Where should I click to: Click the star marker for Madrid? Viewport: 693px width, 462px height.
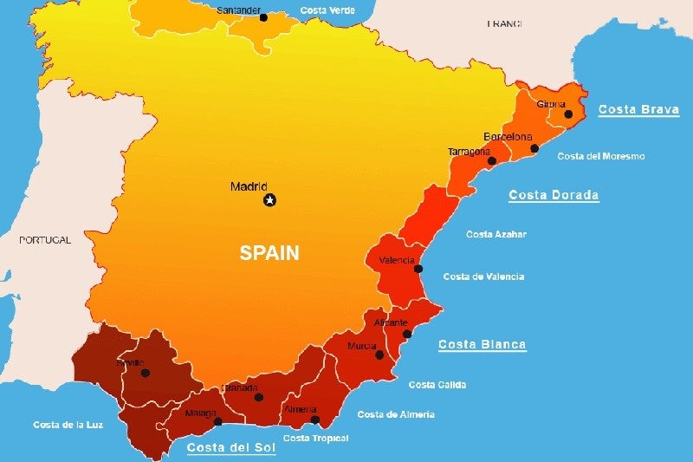point(269,200)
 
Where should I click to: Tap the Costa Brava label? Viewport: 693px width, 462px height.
point(638,110)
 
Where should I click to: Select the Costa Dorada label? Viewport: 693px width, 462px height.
point(554,195)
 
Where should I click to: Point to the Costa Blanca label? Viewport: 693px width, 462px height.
point(482,344)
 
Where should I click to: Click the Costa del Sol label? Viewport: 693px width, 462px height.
point(231,447)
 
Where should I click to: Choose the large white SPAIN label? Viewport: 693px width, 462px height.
point(269,253)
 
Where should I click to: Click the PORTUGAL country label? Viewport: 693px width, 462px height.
point(45,240)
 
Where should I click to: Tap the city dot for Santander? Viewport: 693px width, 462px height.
point(263,17)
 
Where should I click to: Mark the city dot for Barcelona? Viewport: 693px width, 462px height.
point(534,148)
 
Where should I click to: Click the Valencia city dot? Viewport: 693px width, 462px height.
point(418,269)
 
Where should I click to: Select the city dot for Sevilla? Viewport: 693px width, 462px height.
point(146,373)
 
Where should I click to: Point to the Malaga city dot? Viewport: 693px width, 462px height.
point(218,422)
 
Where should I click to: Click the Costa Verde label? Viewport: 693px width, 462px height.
point(327,10)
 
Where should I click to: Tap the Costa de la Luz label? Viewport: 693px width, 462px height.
point(68,425)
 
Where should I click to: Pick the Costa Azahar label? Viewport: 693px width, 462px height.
point(495,234)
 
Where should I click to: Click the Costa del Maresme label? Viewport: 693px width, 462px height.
point(600,156)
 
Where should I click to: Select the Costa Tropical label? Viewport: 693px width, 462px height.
point(315,439)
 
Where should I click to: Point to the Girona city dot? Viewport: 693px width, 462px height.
point(568,114)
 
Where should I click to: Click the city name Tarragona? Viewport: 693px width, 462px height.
point(469,152)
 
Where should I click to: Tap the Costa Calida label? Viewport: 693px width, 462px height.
point(437,384)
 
